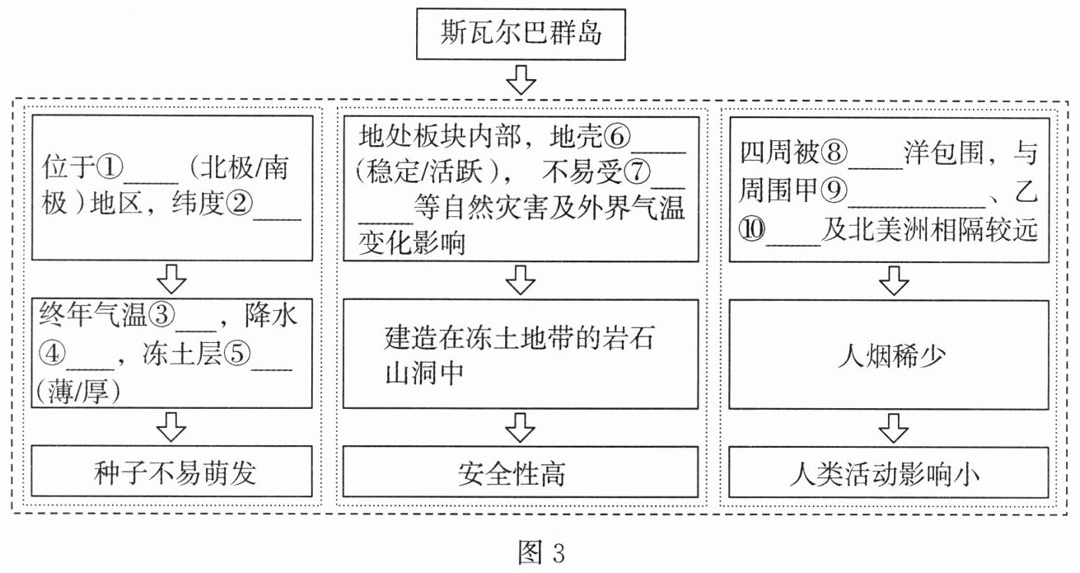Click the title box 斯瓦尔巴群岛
pyautogui.click(x=521, y=35)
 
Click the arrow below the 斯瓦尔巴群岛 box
pyautogui.click(x=521, y=80)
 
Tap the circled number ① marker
pyautogui.click(x=110, y=167)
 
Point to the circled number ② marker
pyautogui.click(x=239, y=203)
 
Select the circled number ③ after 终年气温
pyautogui.click(x=161, y=315)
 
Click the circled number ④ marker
pyautogui.click(x=53, y=354)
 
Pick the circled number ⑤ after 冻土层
pyautogui.click(x=237, y=354)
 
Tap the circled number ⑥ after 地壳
pyautogui.click(x=617, y=137)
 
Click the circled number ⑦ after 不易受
pyautogui.click(x=637, y=171)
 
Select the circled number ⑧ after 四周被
pyautogui.click(x=835, y=153)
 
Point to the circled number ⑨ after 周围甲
pyautogui.click(x=834, y=190)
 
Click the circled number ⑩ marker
pyautogui.click(x=752, y=229)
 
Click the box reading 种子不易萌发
pyautogui.click(x=172, y=472)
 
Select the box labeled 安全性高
pyautogui.click(x=521, y=472)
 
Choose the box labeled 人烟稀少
pyautogui.click(x=889, y=355)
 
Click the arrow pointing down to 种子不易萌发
pyautogui.click(x=171, y=427)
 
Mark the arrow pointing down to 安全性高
pyautogui.click(x=521, y=428)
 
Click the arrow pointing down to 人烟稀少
pyautogui.click(x=895, y=280)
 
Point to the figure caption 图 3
pyautogui.click(x=541, y=552)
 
